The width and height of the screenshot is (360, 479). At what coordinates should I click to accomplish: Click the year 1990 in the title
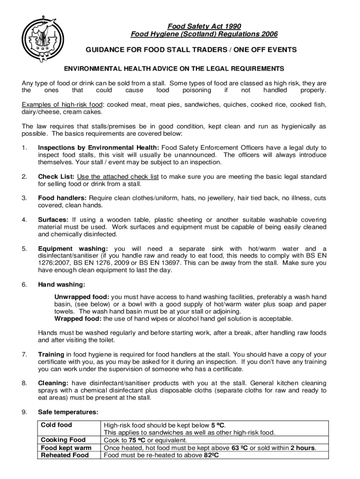coord(232,26)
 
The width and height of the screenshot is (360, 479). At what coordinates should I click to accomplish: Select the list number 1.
coord(24,148)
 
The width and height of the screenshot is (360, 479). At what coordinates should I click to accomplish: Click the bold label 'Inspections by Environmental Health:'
coord(99,148)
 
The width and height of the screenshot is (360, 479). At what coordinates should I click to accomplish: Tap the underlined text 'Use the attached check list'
coord(118,176)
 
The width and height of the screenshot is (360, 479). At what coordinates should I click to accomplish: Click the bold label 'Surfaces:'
coord(53,220)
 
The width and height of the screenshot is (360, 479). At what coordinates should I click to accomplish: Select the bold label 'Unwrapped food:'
coord(82,297)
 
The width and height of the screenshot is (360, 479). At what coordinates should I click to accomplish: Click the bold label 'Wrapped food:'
coord(78,319)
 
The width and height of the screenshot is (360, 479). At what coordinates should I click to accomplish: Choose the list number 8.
coord(24,383)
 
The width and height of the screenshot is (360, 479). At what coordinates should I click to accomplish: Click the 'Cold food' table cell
coord(57,425)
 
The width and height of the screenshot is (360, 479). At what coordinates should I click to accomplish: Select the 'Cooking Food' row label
coord(63,440)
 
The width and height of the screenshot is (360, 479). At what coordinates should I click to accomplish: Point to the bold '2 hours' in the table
coord(302,448)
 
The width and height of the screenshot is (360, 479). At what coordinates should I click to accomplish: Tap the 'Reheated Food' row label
coord(65,455)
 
